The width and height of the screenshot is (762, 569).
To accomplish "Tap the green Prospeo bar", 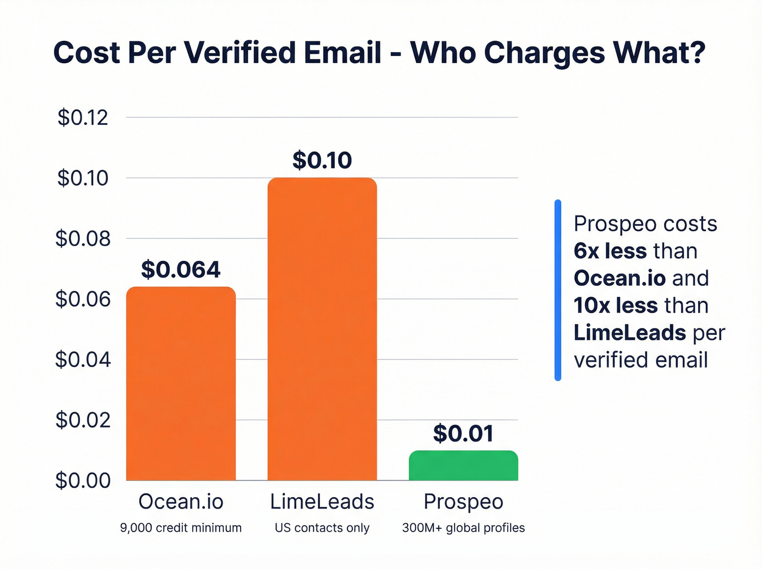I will [x=463, y=466].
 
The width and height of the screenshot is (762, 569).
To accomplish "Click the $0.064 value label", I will [x=181, y=270].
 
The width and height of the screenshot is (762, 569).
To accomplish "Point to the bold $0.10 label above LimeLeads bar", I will [x=322, y=160].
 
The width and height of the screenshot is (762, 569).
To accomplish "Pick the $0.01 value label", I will [x=463, y=433].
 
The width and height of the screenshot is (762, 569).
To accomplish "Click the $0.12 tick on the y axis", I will [x=83, y=118].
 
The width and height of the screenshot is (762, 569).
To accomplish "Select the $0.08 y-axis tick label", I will [x=83, y=238].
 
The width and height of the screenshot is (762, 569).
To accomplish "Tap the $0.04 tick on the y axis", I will [x=83, y=359].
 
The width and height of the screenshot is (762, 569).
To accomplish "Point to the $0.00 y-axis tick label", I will [x=83, y=480].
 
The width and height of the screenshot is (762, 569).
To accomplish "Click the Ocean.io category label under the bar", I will [x=181, y=501].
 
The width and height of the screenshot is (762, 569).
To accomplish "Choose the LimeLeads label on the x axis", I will [x=322, y=501].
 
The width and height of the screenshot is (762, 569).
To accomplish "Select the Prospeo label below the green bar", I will [x=463, y=501].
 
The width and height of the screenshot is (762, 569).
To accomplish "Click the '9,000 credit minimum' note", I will [x=181, y=528].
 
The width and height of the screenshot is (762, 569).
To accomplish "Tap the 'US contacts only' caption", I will [x=322, y=528].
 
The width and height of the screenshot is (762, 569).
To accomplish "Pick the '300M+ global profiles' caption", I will [x=463, y=528].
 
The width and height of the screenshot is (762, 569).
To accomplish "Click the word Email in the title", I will [x=342, y=53].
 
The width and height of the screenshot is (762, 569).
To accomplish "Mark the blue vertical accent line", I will [x=557, y=290].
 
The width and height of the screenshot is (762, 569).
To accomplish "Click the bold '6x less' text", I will [x=610, y=251].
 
